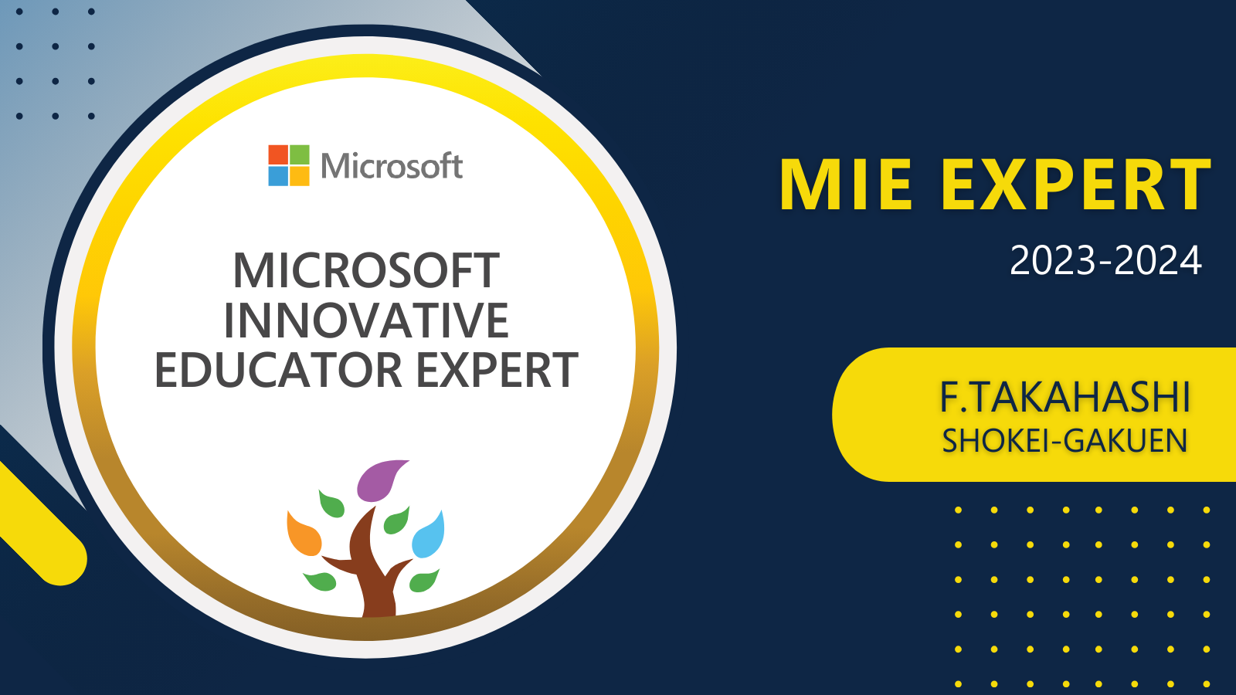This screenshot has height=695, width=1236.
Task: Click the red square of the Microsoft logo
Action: tap(278, 154)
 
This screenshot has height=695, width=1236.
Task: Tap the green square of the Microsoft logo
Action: tap(300, 154)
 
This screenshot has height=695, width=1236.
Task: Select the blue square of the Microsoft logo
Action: tap(278, 176)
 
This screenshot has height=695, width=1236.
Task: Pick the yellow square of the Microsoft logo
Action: tap(300, 176)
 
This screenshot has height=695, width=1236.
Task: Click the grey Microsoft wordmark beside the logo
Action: tap(392, 165)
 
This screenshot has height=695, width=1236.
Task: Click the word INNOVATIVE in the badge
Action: tap(366, 320)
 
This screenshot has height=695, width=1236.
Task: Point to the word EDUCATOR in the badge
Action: tap(279, 370)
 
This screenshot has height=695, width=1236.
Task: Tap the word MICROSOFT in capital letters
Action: tap(366, 270)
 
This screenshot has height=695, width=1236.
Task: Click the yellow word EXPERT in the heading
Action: tap(1076, 185)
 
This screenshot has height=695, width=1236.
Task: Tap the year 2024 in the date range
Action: tap(1158, 260)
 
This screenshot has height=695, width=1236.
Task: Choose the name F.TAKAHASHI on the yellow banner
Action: tap(1065, 397)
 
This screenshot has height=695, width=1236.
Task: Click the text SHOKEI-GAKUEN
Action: tap(1065, 441)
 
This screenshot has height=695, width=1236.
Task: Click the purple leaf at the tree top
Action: tap(381, 480)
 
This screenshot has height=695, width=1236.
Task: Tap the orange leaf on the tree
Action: tap(304, 534)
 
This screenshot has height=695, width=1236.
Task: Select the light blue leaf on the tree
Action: tap(429, 535)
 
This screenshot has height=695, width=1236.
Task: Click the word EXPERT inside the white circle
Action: tap(497, 370)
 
